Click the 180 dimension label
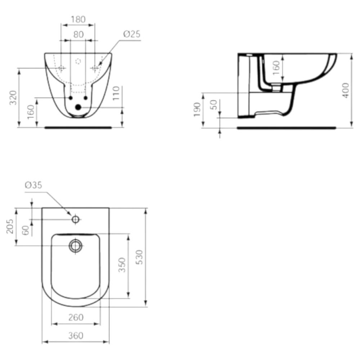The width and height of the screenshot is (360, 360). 78,20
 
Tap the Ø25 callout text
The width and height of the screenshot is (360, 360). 131,34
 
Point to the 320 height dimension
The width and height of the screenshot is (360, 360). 13,97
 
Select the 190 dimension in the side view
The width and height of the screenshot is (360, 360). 197,110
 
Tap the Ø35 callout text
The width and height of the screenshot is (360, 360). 33,185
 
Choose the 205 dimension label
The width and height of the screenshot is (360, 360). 10,227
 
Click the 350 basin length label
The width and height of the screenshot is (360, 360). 122,265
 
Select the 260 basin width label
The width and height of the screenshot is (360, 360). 76,318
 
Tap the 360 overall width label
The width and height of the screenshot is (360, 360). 76,336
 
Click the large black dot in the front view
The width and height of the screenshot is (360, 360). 78,107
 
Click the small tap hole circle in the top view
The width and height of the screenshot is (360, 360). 76,219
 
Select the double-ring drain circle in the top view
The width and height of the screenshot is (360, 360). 76,246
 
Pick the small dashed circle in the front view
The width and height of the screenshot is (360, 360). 78,61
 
